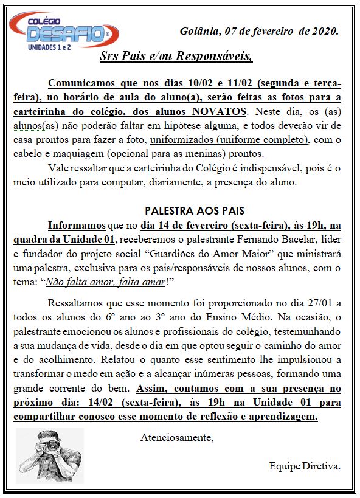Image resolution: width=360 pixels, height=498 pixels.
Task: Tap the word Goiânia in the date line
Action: pyautogui.click(x=199, y=31)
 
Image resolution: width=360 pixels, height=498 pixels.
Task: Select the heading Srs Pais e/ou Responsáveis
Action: pyautogui.click(x=176, y=57)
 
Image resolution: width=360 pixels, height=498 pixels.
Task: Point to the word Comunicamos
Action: pyautogui.click(x=81, y=83)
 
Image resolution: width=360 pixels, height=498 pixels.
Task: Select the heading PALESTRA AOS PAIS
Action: pyautogui.click(x=186, y=210)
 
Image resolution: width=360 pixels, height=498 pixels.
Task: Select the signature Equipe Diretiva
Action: pyautogui.click(x=305, y=466)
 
